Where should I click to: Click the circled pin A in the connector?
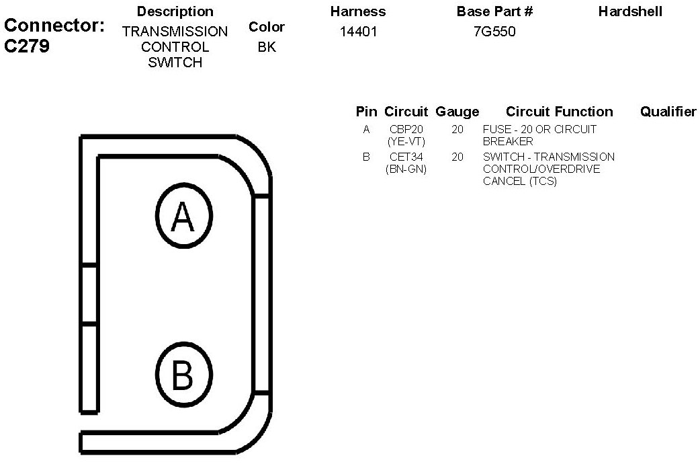click(x=184, y=215)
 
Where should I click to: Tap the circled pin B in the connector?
click(x=184, y=375)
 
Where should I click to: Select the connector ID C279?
click(x=27, y=46)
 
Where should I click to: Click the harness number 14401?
click(x=358, y=32)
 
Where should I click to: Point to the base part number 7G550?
click(x=494, y=32)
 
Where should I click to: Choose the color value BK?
click(x=267, y=47)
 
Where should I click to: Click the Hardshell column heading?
click(x=630, y=11)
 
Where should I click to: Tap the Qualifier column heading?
click(x=668, y=112)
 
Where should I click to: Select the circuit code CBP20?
click(x=406, y=130)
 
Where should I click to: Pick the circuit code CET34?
click(x=406, y=157)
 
